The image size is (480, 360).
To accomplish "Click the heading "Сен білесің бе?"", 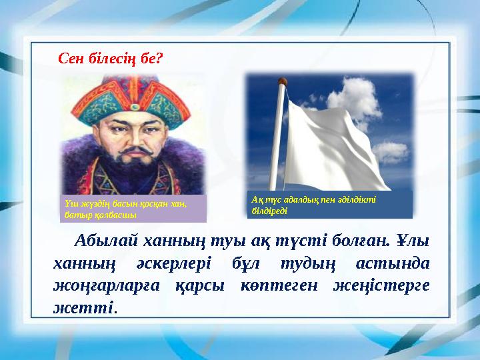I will click(x=111, y=59).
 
